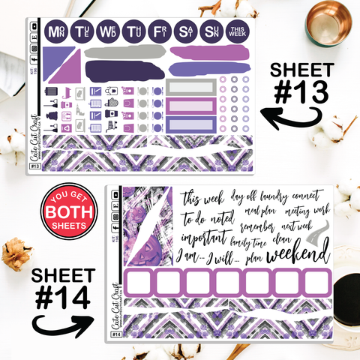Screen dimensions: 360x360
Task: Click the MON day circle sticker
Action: click(x=55, y=32)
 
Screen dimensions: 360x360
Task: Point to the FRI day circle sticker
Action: click(x=158, y=32)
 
